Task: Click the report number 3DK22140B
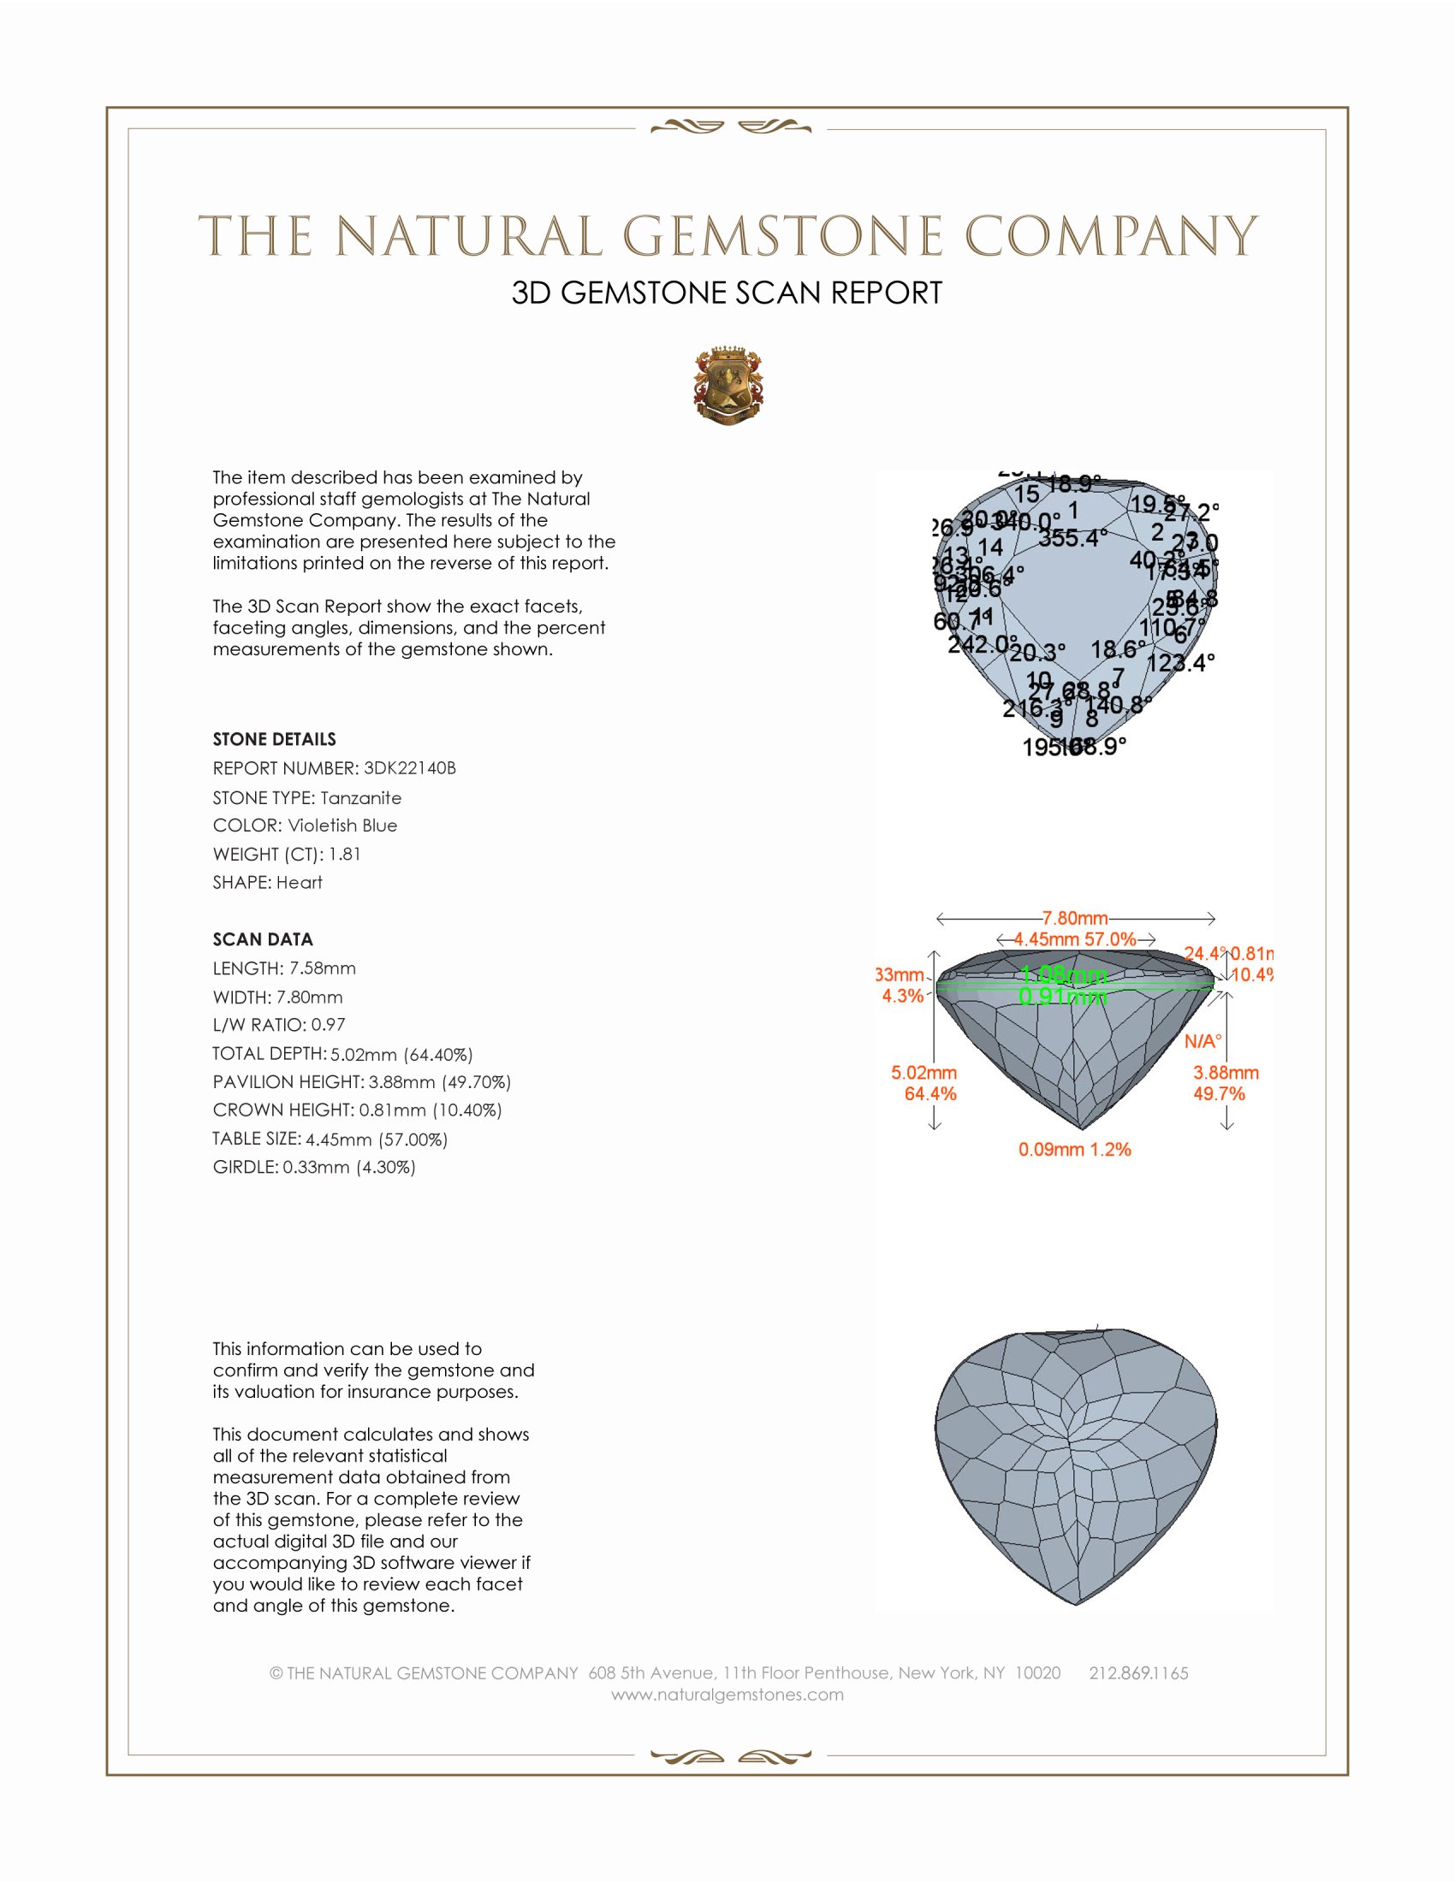click(409, 768)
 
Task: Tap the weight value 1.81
click(345, 854)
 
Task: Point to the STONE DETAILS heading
click(274, 739)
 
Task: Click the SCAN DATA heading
click(263, 939)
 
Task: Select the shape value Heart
click(299, 883)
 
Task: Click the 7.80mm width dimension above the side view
click(1074, 919)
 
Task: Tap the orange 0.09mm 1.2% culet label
click(1074, 1150)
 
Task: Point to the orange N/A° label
click(1203, 1041)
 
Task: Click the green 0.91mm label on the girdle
click(1062, 997)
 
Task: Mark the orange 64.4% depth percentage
click(930, 1093)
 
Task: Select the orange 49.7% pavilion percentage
click(1219, 1093)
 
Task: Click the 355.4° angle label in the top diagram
click(1072, 539)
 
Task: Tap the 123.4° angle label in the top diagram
click(1180, 663)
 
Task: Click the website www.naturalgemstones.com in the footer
click(727, 1694)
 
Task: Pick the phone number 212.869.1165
click(1137, 1672)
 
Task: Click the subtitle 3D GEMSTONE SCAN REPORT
click(727, 293)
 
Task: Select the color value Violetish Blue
click(342, 826)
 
